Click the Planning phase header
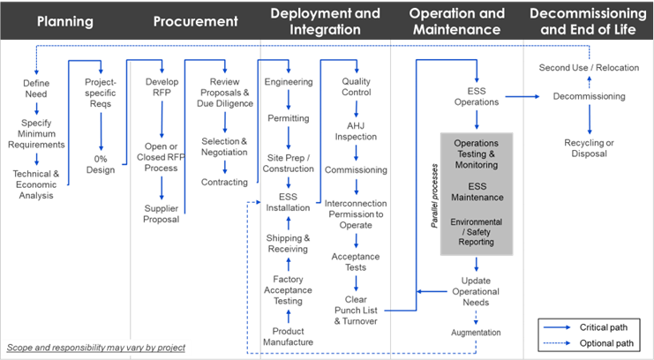point(65,20)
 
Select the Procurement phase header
point(195,20)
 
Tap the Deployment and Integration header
point(325,21)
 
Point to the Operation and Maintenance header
point(457,21)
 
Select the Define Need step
point(35,87)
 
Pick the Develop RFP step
point(162,87)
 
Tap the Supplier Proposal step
point(162,214)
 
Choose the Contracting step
point(224,183)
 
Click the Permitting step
point(289,117)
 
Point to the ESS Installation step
point(289,202)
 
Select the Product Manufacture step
point(289,337)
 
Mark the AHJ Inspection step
point(356,131)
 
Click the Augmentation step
point(476,333)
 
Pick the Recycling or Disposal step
point(589,146)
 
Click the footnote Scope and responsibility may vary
point(96,348)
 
